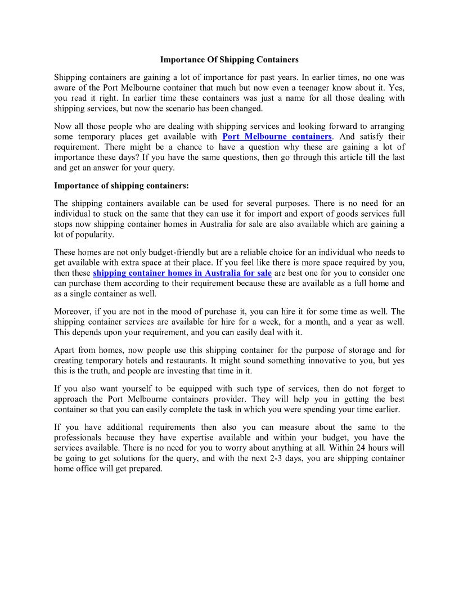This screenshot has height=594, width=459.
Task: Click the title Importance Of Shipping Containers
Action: (x=229, y=58)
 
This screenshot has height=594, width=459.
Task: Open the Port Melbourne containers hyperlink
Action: (x=277, y=137)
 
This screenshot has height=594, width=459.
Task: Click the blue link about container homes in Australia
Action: (x=182, y=273)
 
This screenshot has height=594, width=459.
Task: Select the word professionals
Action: (x=78, y=438)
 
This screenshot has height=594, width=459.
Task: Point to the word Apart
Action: (x=65, y=350)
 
